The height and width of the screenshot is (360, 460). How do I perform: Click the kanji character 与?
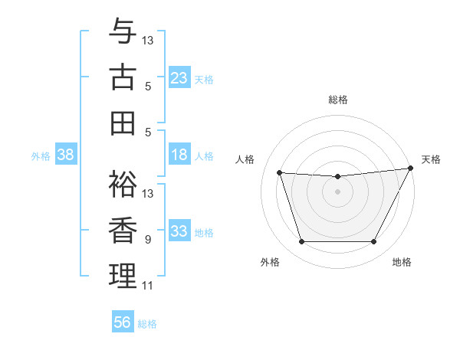(x=123, y=31)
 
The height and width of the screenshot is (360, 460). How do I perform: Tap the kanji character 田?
(x=123, y=122)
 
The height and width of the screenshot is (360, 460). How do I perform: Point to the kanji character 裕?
(x=123, y=183)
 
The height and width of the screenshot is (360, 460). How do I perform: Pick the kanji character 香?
(x=123, y=229)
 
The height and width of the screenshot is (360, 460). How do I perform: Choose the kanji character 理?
(x=123, y=275)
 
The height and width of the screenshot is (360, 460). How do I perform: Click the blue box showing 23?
(x=179, y=78)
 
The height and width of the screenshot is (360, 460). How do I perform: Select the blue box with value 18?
(x=179, y=155)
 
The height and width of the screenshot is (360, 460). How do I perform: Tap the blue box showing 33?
(x=179, y=232)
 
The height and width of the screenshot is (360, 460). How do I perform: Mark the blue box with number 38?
(x=66, y=155)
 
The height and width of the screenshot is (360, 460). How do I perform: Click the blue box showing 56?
(x=123, y=322)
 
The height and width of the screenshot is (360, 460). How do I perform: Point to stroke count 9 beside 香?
(x=147, y=240)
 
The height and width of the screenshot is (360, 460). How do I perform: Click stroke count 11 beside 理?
(x=148, y=286)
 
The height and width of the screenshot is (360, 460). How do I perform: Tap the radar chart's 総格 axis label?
(x=337, y=100)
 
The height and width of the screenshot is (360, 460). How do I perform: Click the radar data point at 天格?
(x=411, y=168)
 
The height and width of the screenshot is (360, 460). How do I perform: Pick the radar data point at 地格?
(x=374, y=242)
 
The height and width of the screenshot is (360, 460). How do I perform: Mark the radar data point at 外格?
(x=301, y=242)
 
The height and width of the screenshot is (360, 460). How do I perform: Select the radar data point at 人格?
(x=279, y=173)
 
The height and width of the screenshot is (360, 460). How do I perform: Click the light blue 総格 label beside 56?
(x=147, y=324)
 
